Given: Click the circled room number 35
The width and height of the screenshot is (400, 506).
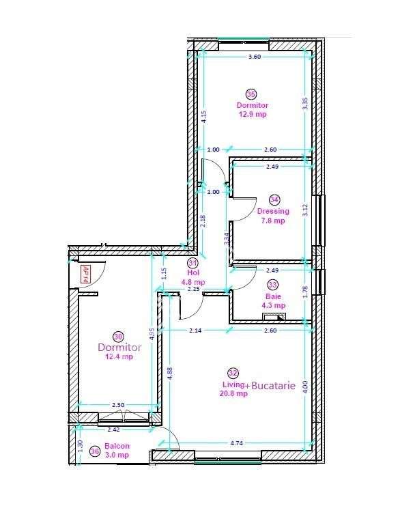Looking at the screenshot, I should click(x=251, y=95).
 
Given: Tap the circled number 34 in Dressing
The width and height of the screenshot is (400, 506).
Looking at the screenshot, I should click(x=274, y=200).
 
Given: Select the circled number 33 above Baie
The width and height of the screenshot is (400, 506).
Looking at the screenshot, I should click(x=273, y=285).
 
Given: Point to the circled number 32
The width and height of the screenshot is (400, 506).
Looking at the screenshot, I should click(x=233, y=373).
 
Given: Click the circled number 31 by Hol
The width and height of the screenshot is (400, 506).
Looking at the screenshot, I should click(x=192, y=262).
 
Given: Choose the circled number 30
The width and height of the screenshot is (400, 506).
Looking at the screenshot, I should click(x=119, y=337).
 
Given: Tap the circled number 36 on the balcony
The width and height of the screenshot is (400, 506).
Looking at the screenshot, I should click(x=95, y=451).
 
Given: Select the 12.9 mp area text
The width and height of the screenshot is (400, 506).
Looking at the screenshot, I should click(x=252, y=115).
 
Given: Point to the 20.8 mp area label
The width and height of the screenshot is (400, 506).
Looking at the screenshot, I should click(x=233, y=394).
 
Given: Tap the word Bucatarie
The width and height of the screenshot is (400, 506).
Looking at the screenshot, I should click(x=273, y=386).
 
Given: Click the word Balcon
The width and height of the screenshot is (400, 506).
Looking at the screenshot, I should click(x=117, y=446).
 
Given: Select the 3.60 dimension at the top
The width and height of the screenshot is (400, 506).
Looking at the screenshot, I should click(x=254, y=57).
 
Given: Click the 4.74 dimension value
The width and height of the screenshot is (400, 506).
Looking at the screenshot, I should click(x=237, y=443).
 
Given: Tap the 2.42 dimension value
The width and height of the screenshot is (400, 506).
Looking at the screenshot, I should click(x=114, y=430).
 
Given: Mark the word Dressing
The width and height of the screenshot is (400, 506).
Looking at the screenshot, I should click(x=273, y=211).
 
